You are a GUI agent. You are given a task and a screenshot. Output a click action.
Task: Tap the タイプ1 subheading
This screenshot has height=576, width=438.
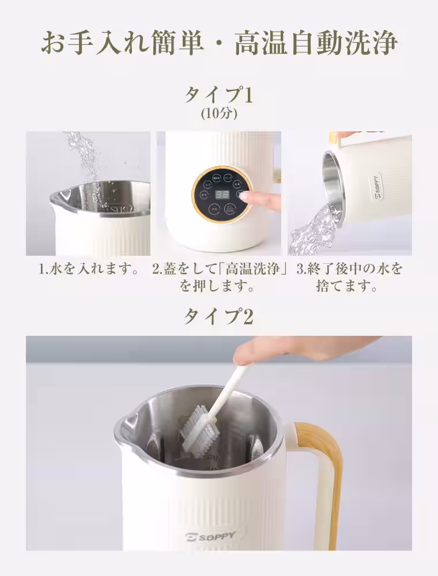click(x=218, y=94)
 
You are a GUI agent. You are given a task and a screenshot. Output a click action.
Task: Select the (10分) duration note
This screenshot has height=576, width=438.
click(x=219, y=113)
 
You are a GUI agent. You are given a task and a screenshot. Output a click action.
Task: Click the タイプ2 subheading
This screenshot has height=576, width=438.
click(x=218, y=316)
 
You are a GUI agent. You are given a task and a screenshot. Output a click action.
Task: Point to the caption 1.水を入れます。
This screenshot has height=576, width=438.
click(x=88, y=269)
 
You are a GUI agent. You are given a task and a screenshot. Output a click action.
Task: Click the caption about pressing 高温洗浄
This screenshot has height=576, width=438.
click(x=220, y=276)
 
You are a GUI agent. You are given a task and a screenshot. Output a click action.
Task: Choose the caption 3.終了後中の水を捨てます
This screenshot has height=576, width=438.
click(x=349, y=276)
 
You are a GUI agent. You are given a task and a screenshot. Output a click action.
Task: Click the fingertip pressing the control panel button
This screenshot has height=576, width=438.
click(x=247, y=196)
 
